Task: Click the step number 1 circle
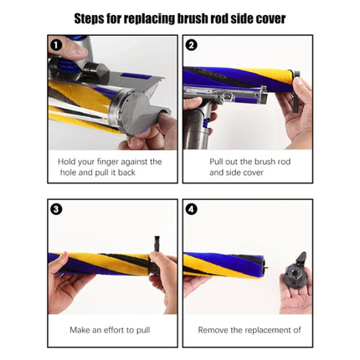coord(56,45)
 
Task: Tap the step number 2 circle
coord(192,45)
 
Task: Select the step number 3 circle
coord(56,208)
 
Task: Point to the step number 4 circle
coord(192,208)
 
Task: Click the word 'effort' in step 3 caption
coord(115,330)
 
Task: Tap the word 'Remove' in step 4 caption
coord(215,330)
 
